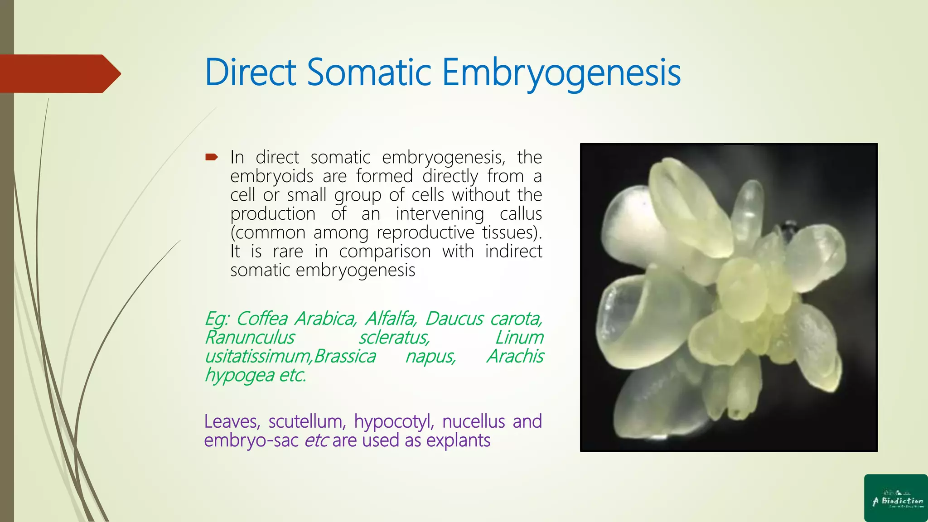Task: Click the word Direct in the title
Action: pyautogui.click(x=251, y=72)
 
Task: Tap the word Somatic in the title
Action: pyautogui.click(x=369, y=72)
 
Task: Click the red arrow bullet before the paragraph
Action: pyautogui.click(x=212, y=157)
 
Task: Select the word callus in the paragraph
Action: pyautogui.click(x=521, y=213)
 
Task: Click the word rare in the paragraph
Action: pyautogui.click(x=288, y=251)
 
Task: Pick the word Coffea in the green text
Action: pyautogui.click(x=262, y=319)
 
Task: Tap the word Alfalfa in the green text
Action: pyautogui.click(x=390, y=319)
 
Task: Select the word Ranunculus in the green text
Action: pyautogui.click(x=250, y=338)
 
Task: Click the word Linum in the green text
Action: pyautogui.click(x=519, y=338)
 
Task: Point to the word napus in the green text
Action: pyautogui.click(x=430, y=357)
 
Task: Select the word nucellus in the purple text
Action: pyautogui.click(x=473, y=421)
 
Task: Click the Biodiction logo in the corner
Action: pyautogui.click(x=895, y=498)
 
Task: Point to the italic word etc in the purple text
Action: pyautogui.click(x=316, y=440)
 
